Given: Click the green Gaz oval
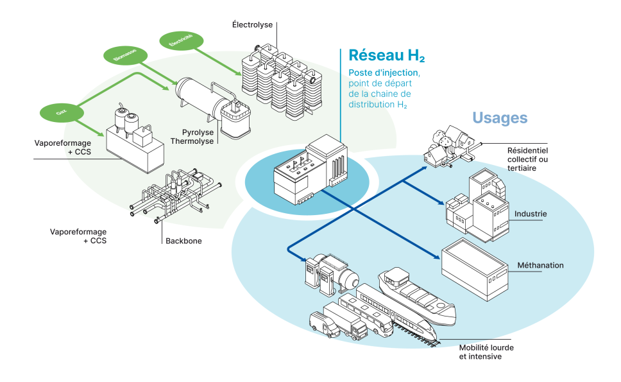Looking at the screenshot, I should (61, 112).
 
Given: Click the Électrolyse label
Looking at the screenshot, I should (253, 24).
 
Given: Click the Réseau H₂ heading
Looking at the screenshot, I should (387, 56).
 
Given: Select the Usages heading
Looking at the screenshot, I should (500, 118).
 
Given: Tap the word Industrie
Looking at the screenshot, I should (531, 213).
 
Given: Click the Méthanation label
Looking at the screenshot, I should (540, 265).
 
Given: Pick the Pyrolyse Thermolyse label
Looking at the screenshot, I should (194, 136).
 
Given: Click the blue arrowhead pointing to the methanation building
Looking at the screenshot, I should (437, 257).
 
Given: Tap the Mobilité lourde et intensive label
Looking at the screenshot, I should (486, 352).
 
